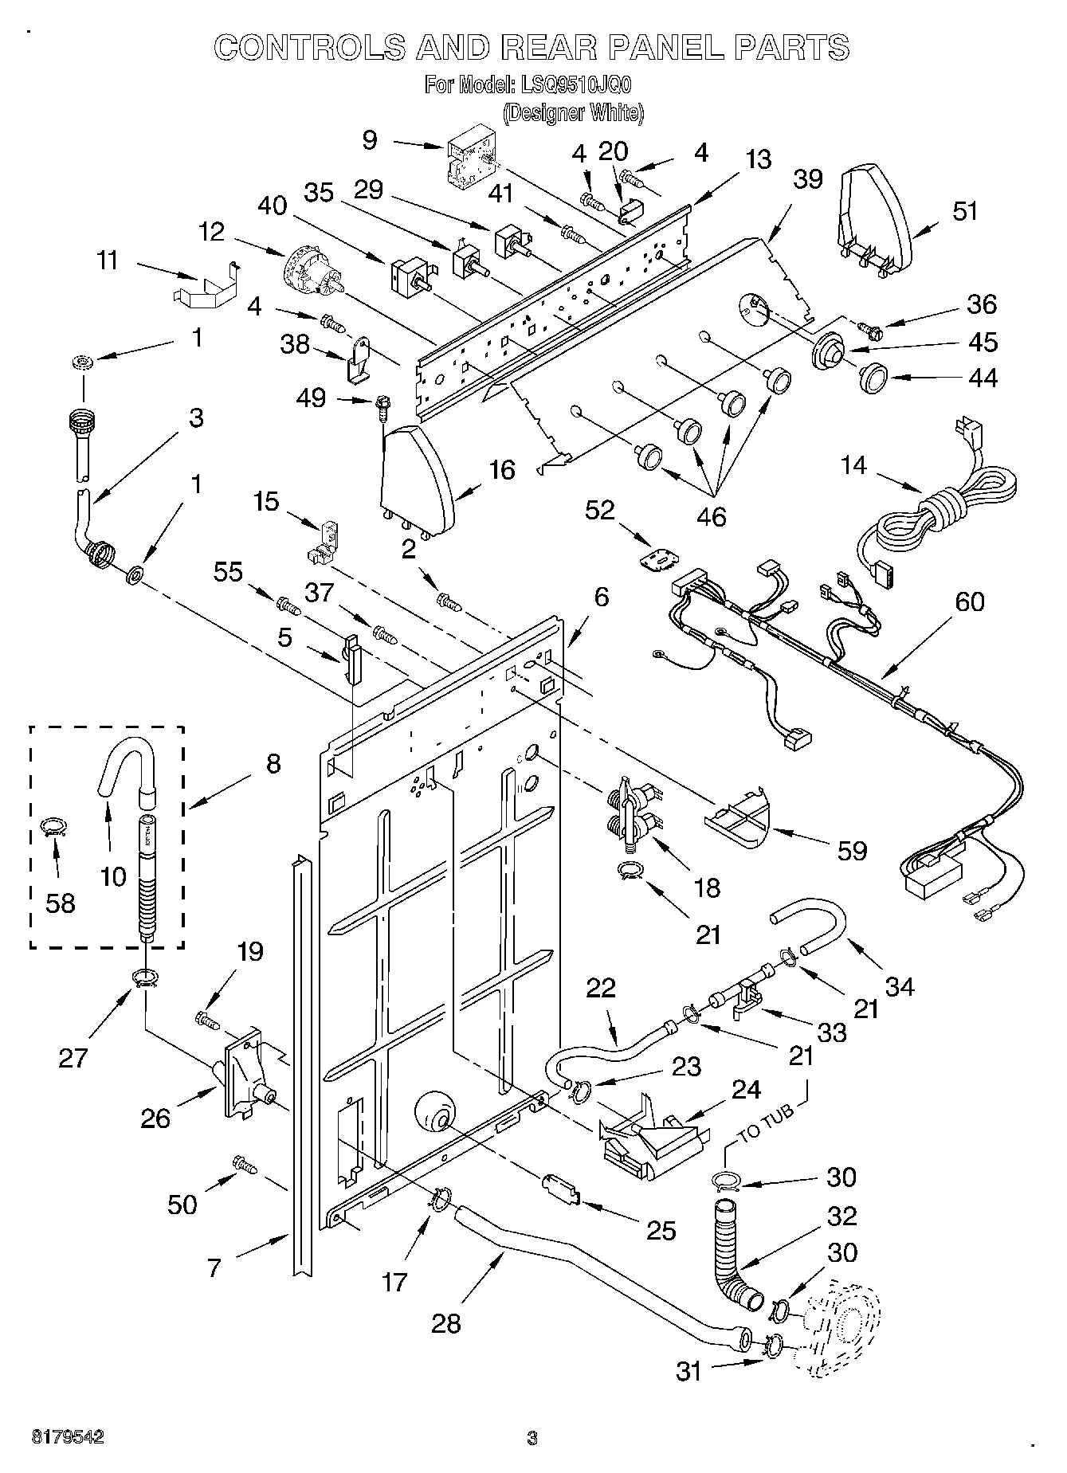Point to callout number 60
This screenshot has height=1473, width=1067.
970,602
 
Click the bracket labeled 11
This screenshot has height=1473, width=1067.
206,288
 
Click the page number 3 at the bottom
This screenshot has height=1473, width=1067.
532,1438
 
